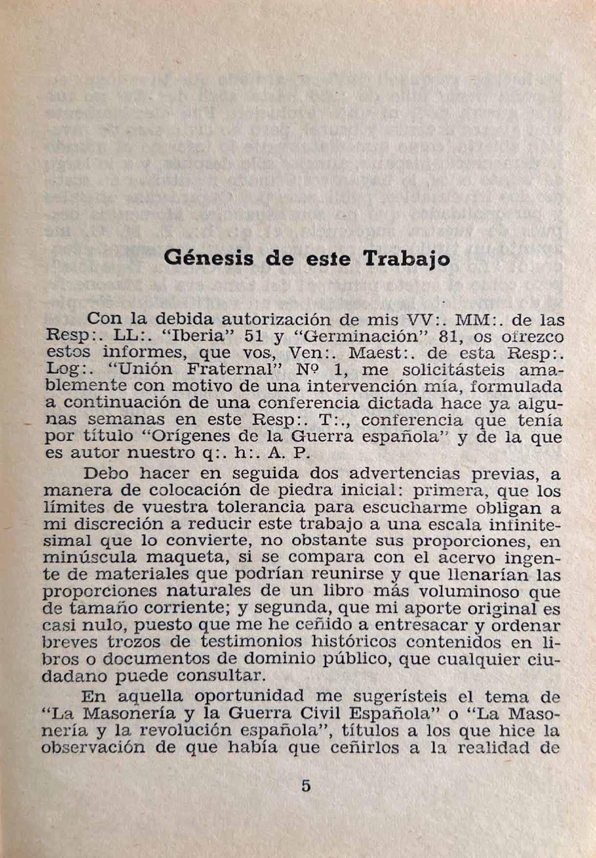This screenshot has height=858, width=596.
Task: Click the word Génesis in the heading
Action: coord(209,257)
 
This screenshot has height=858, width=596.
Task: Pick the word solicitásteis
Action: coord(456,369)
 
